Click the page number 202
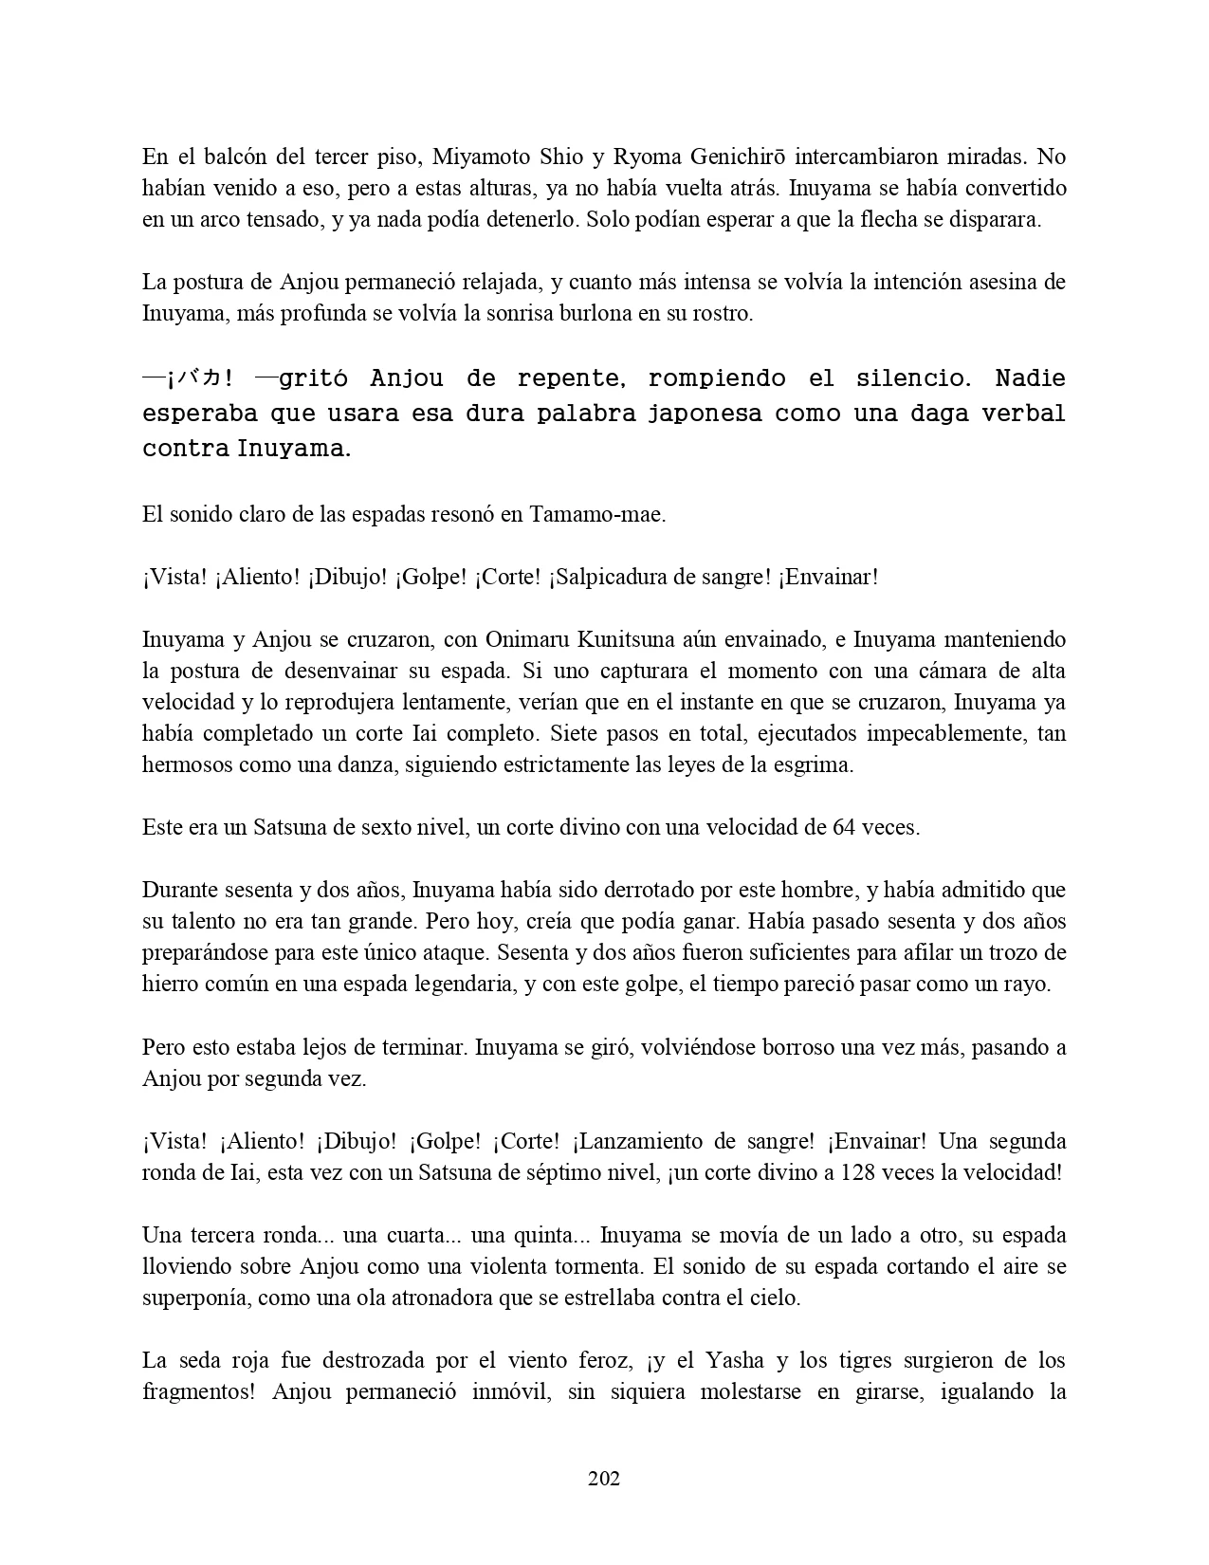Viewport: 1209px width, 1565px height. coord(604,1478)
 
